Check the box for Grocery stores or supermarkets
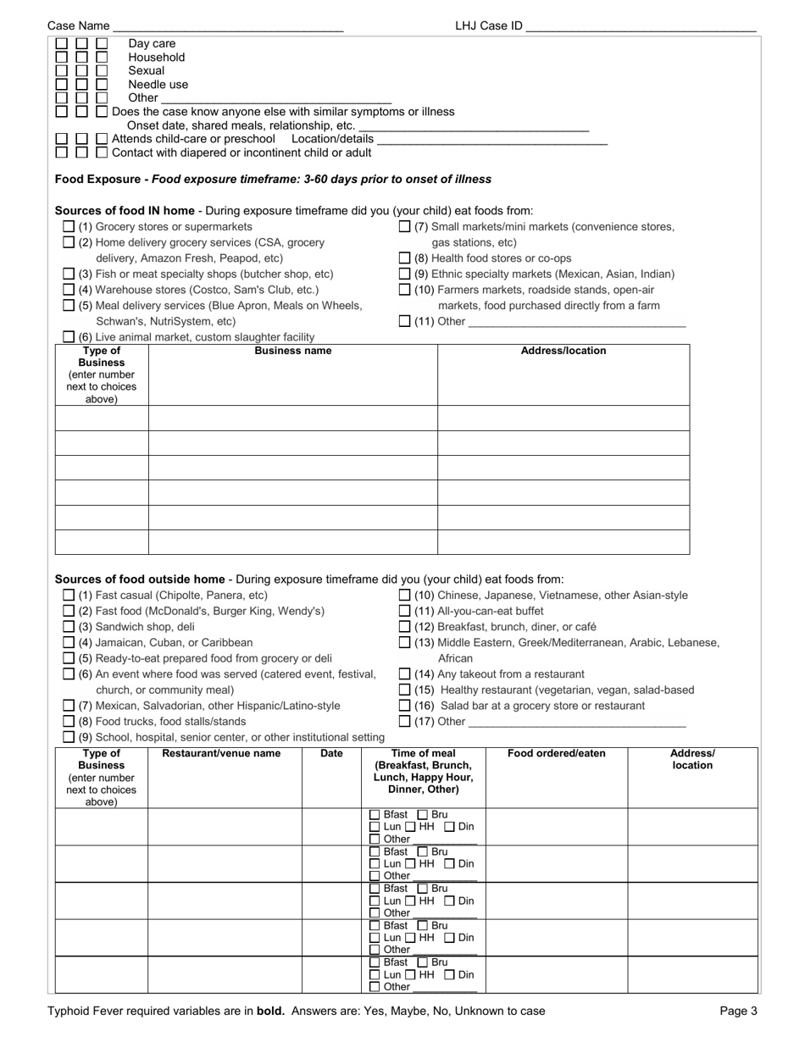(x=69, y=227)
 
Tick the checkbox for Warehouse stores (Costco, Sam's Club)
(x=69, y=290)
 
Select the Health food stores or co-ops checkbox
(x=405, y=258)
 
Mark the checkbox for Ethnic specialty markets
(x=405, y=274)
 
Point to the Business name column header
(x=293, y=351)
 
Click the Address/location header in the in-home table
(x=563, y=351)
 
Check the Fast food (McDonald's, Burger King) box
(x=69, y=611)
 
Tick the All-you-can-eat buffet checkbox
(x=405, y=611)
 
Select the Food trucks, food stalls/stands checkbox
(x=69, y=722)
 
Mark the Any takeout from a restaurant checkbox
(x=405, y=674)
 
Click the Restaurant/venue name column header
(x=221, y=753)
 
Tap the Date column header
(x=331, y=753)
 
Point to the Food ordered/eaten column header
(x=557, y=753)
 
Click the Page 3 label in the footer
(x=738, y=1011)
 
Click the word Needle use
(x=158, y=85)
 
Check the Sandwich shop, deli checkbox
(x=69, y=627)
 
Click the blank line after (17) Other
(x=576, y=723)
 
